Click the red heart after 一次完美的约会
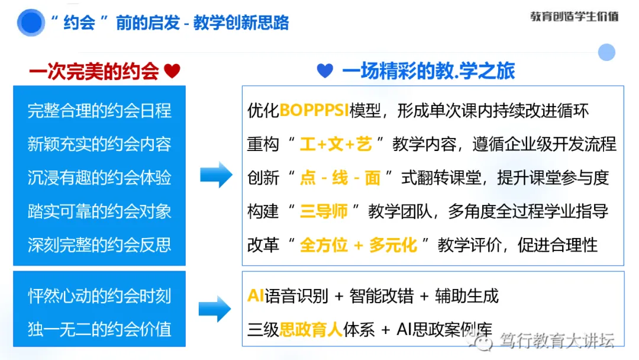click(172, 72)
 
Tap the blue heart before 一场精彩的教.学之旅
click(325, 71)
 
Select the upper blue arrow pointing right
click(216, 175)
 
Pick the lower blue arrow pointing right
click(214, 309)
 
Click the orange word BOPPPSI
click(314, 111)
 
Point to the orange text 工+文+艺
click(335, 144)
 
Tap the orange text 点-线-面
click(340, 178)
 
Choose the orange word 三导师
click(323, 211)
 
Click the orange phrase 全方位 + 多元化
click(359, 245)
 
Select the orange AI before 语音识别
click(256, 295)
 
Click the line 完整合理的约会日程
click(99, 111)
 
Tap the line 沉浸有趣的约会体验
click(99, 178)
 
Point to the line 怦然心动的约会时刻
click(99, 295)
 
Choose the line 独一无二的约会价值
click(99, 329)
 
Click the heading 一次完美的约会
click(95, 72)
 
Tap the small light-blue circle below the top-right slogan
click(606, 52)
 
